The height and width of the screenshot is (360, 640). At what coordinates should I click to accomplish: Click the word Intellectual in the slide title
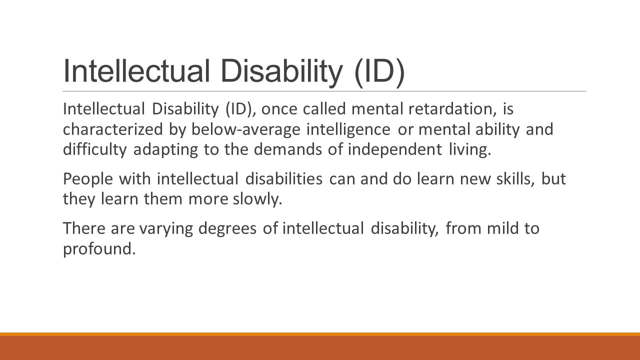point(136,70)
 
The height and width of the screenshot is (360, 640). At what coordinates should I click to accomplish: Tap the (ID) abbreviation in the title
point(379,72)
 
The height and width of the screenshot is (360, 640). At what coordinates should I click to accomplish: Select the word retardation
point(452,109)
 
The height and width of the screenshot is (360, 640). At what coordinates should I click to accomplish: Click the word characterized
point(112,129)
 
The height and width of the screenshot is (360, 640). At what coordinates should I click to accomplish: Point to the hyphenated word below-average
point(245,129)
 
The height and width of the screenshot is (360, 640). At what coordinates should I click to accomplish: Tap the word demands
point(287,149)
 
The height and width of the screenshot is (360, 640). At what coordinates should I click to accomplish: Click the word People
point(88,179)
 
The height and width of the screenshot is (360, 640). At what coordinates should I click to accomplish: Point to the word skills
point(515,179)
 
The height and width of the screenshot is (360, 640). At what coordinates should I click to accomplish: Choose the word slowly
point(257,199)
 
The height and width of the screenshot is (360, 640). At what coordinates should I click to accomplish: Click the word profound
point(99,249)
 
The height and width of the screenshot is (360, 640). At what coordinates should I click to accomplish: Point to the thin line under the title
point(324,91)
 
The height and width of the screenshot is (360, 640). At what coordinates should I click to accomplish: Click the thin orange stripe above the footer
point(320,334)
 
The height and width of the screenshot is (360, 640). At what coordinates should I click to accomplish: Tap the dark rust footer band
point(320,348)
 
